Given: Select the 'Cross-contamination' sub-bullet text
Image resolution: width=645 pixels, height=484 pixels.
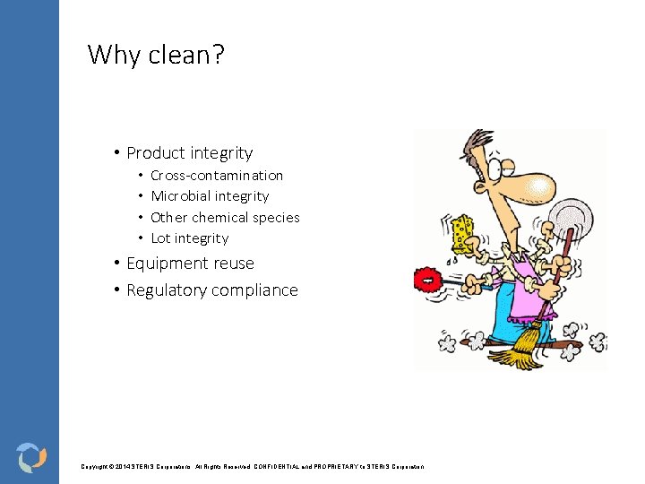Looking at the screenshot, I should point(217,176).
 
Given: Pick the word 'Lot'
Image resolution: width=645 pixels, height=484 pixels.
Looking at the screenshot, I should point(160,238).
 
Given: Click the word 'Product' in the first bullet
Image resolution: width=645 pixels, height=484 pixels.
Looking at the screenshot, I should point(157,153).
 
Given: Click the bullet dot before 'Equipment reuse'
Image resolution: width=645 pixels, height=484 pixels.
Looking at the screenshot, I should point(117,264).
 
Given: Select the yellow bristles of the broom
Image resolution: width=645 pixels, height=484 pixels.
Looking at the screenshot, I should point(518,351).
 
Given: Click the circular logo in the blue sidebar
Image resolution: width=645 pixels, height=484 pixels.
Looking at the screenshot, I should point(30,456).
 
